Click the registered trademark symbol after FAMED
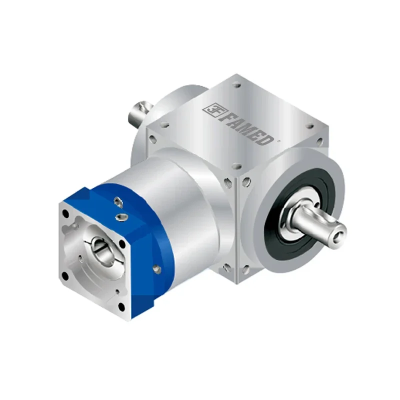coord(278,141)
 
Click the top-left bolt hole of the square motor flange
coord(66,213)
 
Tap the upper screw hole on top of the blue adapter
coord(119,201)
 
